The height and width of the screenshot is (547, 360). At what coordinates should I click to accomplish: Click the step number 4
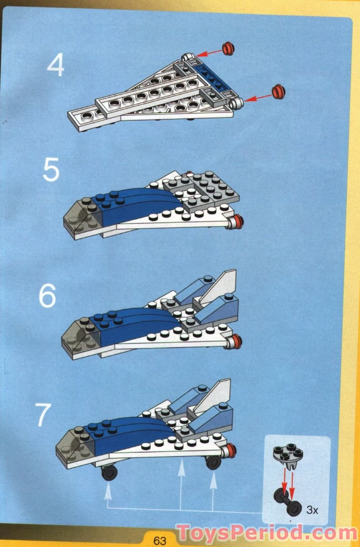click(56, 66)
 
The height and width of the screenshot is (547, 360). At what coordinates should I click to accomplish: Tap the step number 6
click(47, 296)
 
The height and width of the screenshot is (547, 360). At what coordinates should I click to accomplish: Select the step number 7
click(44, 415)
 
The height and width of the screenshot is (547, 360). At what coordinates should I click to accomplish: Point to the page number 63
click(160, 541)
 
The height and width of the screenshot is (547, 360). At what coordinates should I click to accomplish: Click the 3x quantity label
click(312, 510)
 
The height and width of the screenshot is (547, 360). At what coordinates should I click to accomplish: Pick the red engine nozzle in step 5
click(236, 222)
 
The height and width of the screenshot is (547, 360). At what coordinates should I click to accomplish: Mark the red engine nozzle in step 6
click(235, 341)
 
